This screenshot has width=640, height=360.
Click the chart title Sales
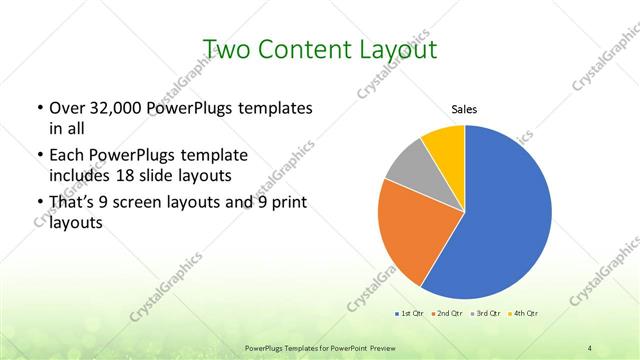click(x=464, y=108)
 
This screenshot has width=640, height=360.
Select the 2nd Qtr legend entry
click(x=445, y=314)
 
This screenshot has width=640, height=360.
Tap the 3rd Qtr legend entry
click(x=484, y=314)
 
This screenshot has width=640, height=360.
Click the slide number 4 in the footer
click(x=590, y=347)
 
